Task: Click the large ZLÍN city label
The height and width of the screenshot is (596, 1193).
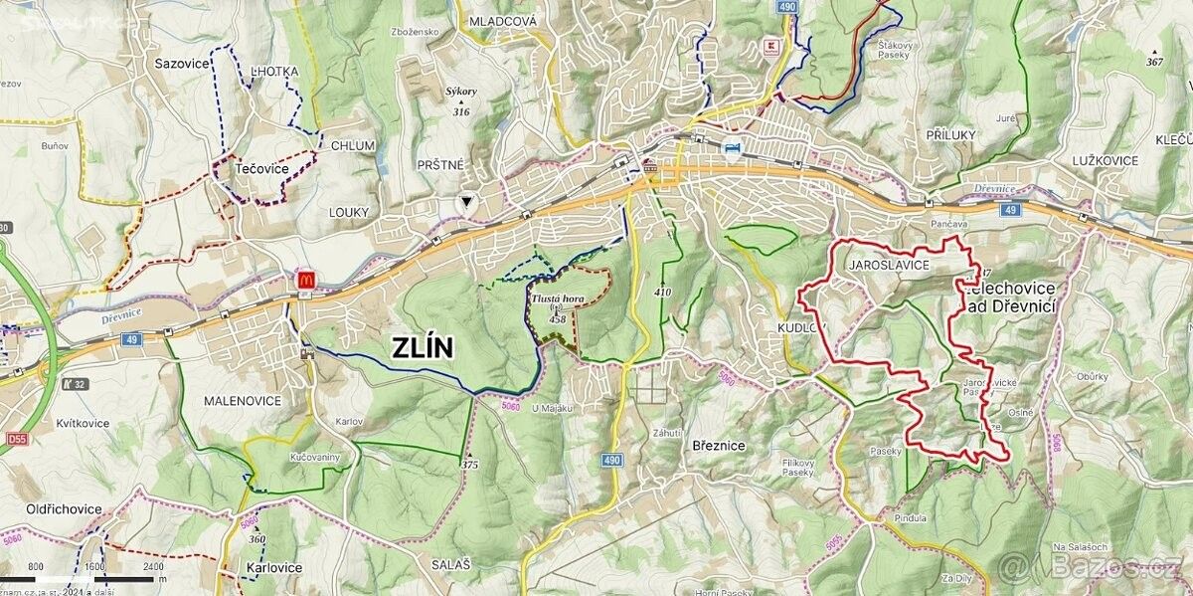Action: coord(423,347)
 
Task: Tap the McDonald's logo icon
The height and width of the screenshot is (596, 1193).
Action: coord(304,281)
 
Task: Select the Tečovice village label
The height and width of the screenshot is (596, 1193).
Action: coord(261,169)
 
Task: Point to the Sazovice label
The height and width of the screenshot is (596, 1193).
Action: coord(182,63)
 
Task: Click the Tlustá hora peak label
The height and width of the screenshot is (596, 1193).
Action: coord(557,297)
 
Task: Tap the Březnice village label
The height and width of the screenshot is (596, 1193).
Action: coord(718,447)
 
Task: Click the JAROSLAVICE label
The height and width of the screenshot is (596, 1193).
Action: coord(889,266)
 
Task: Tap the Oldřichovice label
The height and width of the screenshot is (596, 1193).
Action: coord(64,508)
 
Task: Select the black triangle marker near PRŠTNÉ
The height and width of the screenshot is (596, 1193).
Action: coord(465,202)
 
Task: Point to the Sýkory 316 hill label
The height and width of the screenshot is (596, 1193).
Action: coord(460,100)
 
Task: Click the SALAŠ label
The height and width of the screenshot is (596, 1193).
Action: coord(450,564)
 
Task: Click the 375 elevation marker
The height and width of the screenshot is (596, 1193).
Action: coord(470,463)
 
